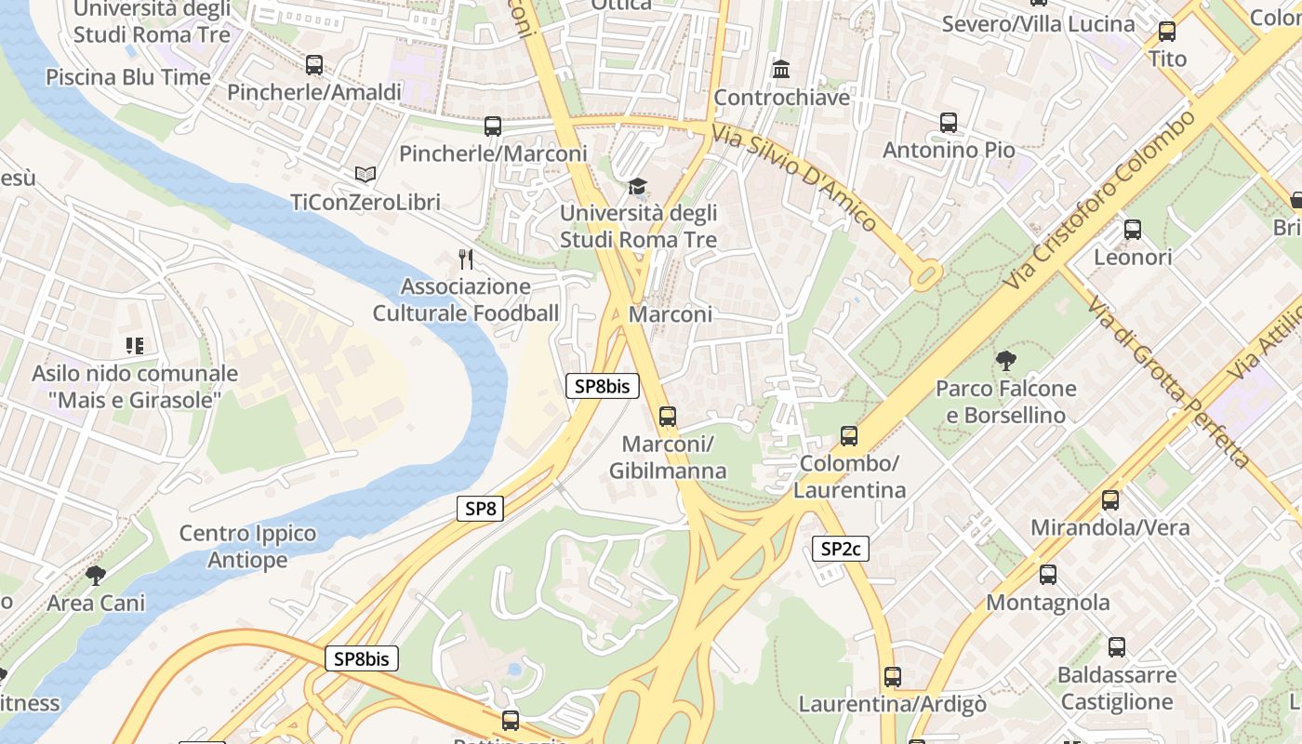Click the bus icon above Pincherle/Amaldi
click(314, 65)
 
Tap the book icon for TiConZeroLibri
click(365, 175)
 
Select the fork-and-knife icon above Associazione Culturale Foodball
click(466, 259)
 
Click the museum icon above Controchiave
click(781, 70)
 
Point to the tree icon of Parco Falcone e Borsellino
click(1005, 361)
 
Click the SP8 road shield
click(480, 509)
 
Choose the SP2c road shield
click(841, 549)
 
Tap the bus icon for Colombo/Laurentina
click(848, 435)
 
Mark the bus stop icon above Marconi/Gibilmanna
click(667, 416)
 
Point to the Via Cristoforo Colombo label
click(1101, 198)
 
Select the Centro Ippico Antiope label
click(247, 547)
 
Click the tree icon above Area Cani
click(95, 575)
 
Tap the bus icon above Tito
click(1166, 32)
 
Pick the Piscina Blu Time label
click(128, 77)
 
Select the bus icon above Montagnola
click(1048, 575)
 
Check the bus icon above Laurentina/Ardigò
click(892, 677)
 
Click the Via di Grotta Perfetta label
click(1168, 382)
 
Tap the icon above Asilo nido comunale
click(135, 346)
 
